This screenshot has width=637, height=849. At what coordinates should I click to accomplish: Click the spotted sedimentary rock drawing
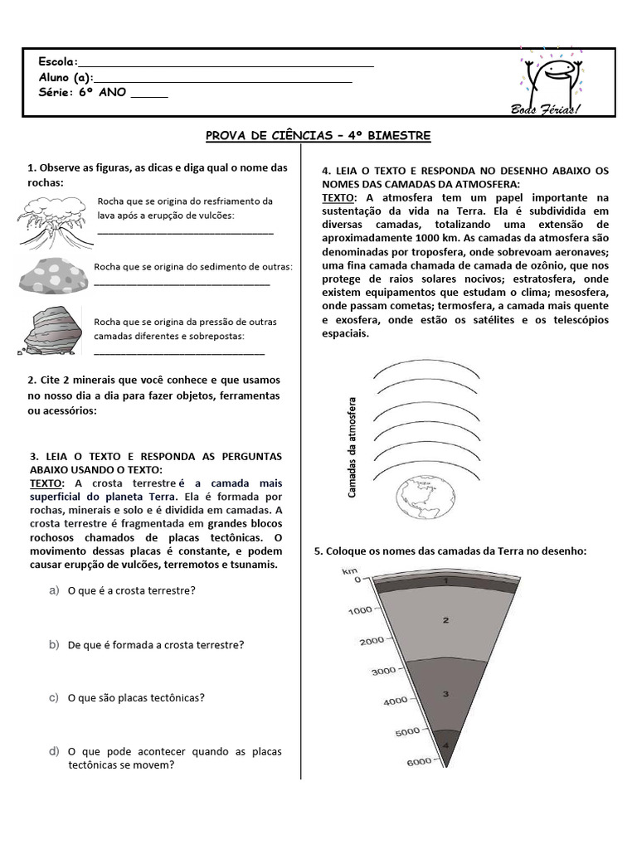pos(52,276)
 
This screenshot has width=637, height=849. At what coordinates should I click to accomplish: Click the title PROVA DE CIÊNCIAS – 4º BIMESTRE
pos(318,136)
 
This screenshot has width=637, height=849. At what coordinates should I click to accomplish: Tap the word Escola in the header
pos(57,62)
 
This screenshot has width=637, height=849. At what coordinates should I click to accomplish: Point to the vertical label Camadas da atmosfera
pos(352,446)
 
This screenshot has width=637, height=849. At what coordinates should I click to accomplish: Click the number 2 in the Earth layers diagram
pos(445,619)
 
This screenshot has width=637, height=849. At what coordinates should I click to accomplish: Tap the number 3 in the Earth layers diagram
pos(445,693)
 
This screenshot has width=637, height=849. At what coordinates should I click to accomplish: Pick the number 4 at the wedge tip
pos(445,745)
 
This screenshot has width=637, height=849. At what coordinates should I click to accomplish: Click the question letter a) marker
pos(54,590)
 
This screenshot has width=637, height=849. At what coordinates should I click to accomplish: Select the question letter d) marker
pos(54,751)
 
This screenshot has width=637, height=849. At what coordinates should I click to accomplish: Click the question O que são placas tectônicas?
pos(136,698)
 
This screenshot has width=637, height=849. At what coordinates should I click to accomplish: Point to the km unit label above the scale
pos(349,570)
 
